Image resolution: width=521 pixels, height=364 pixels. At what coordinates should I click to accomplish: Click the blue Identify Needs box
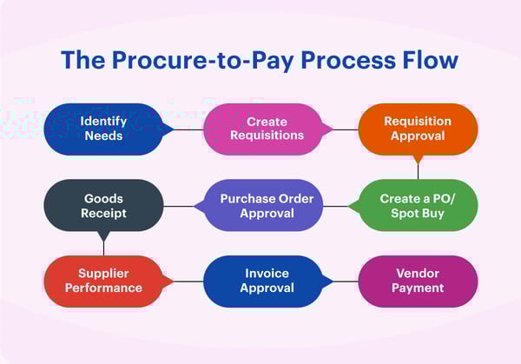click(103, 129)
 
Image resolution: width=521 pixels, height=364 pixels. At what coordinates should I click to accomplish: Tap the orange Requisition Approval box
click(418, 129)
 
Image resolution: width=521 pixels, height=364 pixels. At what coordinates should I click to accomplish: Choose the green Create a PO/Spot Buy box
click(418, 205)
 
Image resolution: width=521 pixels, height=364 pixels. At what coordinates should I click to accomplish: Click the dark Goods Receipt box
click(103, 205)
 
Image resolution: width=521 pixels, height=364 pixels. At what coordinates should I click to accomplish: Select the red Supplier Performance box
click(103, 281)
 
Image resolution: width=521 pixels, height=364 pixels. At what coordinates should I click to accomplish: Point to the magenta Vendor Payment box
click(418, 281)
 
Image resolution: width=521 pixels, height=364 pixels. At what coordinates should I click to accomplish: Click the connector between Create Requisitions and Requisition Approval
click(346, 129)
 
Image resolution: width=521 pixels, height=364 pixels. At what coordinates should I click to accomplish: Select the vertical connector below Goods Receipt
click(103, 246)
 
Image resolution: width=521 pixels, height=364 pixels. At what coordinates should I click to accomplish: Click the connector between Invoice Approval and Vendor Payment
click(346, 281)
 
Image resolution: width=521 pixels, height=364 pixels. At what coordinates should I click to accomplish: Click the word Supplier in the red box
click(103, 274)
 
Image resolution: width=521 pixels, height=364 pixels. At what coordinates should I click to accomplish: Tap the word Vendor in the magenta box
click(418, 274)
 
